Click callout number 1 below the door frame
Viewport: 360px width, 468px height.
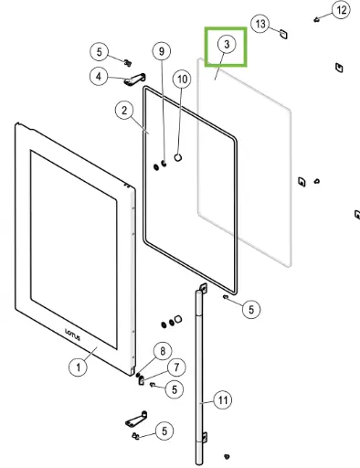coord(79,367)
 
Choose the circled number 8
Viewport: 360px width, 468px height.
coord(161,350)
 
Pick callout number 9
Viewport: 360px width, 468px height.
coord(162,51)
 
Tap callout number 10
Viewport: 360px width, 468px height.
coord(182,80)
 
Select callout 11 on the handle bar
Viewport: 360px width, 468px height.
coord(221,399)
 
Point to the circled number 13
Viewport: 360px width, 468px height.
coord(260,23)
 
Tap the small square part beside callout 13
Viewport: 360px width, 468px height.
coord(283,33)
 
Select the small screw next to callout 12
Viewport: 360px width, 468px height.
coord(317,18)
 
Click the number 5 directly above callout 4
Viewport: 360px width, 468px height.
coord(101,51)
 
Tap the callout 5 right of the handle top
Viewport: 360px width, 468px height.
coord(250,309)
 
